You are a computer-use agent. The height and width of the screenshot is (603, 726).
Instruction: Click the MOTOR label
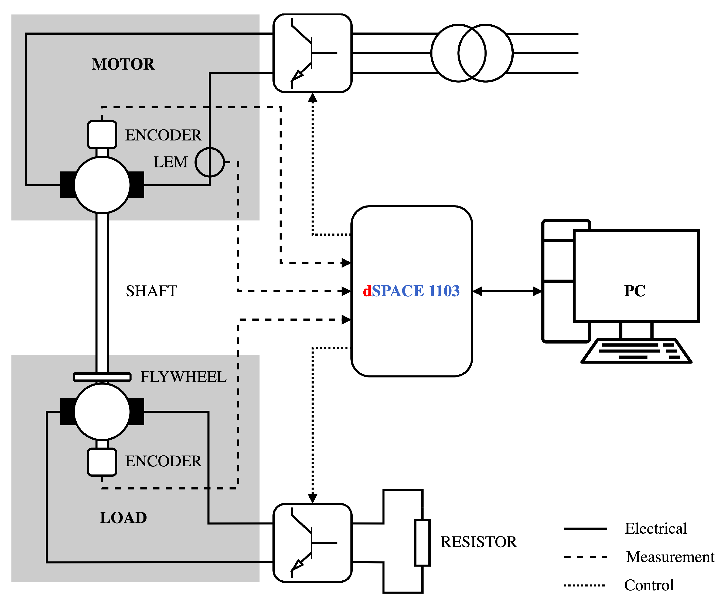[123, 64]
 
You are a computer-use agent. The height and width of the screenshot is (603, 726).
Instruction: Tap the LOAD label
[123, 518]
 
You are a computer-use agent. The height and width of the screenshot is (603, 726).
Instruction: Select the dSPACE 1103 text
[411, 291]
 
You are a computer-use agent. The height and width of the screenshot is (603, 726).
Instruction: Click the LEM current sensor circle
[209, 162]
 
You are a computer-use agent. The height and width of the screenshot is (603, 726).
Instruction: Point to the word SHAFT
[151, 291]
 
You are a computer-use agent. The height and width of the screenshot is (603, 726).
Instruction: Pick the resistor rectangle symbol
[422, 543]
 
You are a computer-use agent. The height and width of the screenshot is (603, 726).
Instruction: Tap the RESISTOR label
[478, 542]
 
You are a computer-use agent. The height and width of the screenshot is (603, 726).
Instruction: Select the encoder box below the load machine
[102, 462]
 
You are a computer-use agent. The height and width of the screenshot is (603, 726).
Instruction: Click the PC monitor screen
[636, 276]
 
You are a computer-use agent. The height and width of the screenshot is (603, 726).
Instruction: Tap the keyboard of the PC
[636, 351]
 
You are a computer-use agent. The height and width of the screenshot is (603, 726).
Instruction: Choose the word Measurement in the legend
[670, 557]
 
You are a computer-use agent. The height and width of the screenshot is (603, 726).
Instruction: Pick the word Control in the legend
[649, 585]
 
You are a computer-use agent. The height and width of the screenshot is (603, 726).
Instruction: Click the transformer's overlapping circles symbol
[472, 53]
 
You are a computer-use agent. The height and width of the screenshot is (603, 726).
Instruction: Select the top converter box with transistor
[312, 53]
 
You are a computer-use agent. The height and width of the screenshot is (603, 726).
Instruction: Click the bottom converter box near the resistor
[312, 543]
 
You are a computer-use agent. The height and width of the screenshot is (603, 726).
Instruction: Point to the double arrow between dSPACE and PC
[507, 292]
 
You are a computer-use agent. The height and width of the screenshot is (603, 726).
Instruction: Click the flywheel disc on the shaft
[102, 377]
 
